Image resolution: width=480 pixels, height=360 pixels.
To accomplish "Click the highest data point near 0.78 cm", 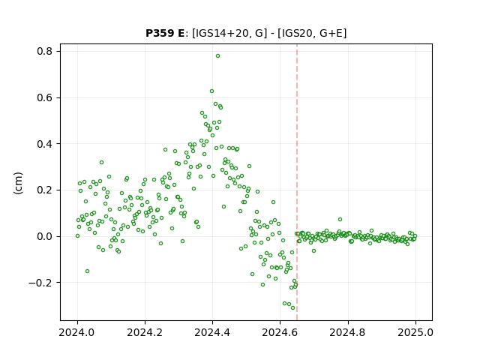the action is click(217, 56).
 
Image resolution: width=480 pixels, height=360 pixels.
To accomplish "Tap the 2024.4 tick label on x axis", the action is click(212, 332).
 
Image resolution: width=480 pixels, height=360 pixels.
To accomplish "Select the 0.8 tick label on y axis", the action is click(45, 51).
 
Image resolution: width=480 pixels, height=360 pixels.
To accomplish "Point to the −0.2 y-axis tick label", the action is click(40, 283).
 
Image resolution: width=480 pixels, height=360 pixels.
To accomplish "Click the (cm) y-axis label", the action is click(18, 183).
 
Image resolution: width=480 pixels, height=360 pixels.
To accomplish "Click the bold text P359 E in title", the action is click(165, 33).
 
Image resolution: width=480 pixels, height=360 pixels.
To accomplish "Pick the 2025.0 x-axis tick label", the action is click(415, 332).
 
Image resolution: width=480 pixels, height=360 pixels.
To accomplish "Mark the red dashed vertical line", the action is click(297, 182).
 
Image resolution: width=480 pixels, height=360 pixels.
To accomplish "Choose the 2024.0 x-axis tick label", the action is click(77, 332).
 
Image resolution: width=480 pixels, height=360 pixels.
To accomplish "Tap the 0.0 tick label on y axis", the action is click(45, 236).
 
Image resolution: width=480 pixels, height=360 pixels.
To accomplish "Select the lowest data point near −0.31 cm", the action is click(293, 307).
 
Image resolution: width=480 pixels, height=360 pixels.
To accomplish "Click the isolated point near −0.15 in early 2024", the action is click(87, 271).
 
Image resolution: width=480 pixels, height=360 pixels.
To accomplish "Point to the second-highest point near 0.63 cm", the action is click(211, 91).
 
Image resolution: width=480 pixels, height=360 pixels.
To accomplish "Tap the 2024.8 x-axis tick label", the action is click(348, 332).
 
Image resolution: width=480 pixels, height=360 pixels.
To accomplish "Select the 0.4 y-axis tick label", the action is click(45, 144).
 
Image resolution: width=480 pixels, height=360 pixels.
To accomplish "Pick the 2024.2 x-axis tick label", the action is click(145, 332).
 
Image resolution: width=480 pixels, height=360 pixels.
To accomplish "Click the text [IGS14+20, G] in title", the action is click(227, 33).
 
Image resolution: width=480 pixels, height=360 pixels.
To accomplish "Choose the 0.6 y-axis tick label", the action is click(45, 97).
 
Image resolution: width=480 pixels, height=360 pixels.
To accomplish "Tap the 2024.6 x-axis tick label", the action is click(280, 332).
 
